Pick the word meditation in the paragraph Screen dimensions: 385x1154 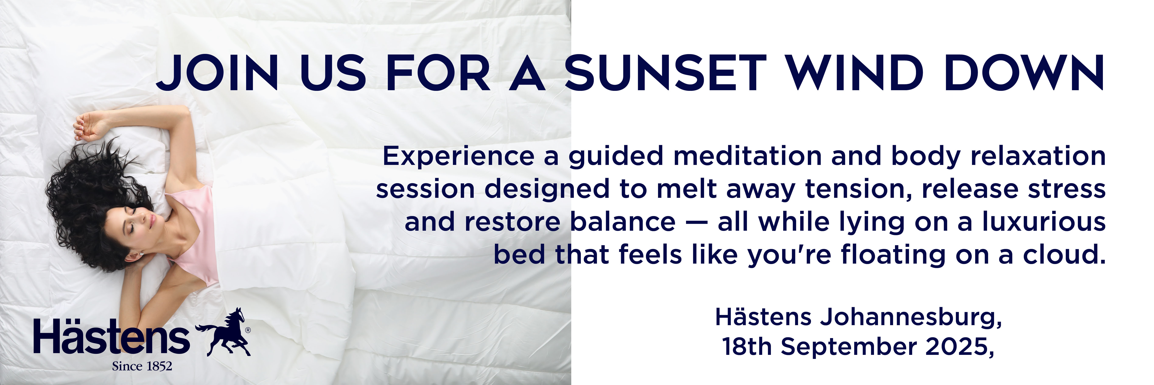pos(747,156)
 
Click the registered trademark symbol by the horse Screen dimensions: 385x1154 pos(248,330)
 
